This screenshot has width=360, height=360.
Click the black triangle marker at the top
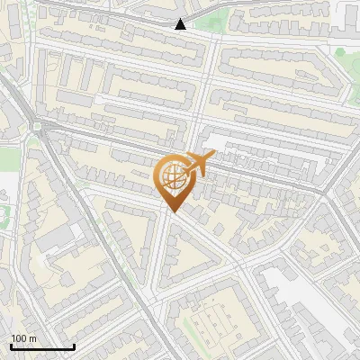click(181, 23)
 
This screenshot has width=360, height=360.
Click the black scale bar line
click(42, 347)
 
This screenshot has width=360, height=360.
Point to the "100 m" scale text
click(23, 337)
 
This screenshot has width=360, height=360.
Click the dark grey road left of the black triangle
click(108, 14)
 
